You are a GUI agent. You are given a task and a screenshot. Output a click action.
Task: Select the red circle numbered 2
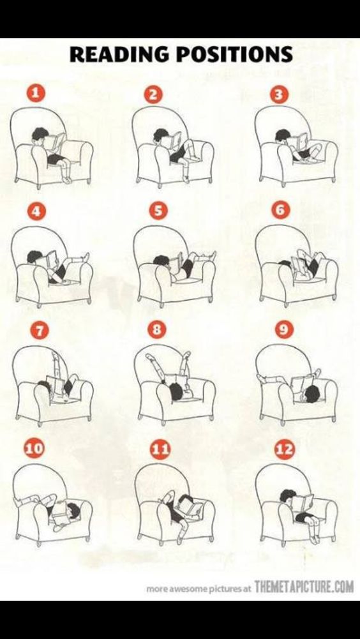[x=153, y=95]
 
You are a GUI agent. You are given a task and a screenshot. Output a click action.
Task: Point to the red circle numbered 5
[x=158, y=211]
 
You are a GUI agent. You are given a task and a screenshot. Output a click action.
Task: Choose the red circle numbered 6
[x=281, y=211]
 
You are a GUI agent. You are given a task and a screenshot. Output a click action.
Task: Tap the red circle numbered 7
[x=38, y=330]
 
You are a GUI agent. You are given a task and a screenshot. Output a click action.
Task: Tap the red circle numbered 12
[x=285, y=449]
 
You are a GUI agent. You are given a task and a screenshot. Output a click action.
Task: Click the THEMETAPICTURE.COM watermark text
[x=303, y=587]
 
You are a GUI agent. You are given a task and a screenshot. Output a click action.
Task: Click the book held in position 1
[x=57, y=141]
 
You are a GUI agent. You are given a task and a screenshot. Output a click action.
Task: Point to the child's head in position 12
[x=288, y=495]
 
